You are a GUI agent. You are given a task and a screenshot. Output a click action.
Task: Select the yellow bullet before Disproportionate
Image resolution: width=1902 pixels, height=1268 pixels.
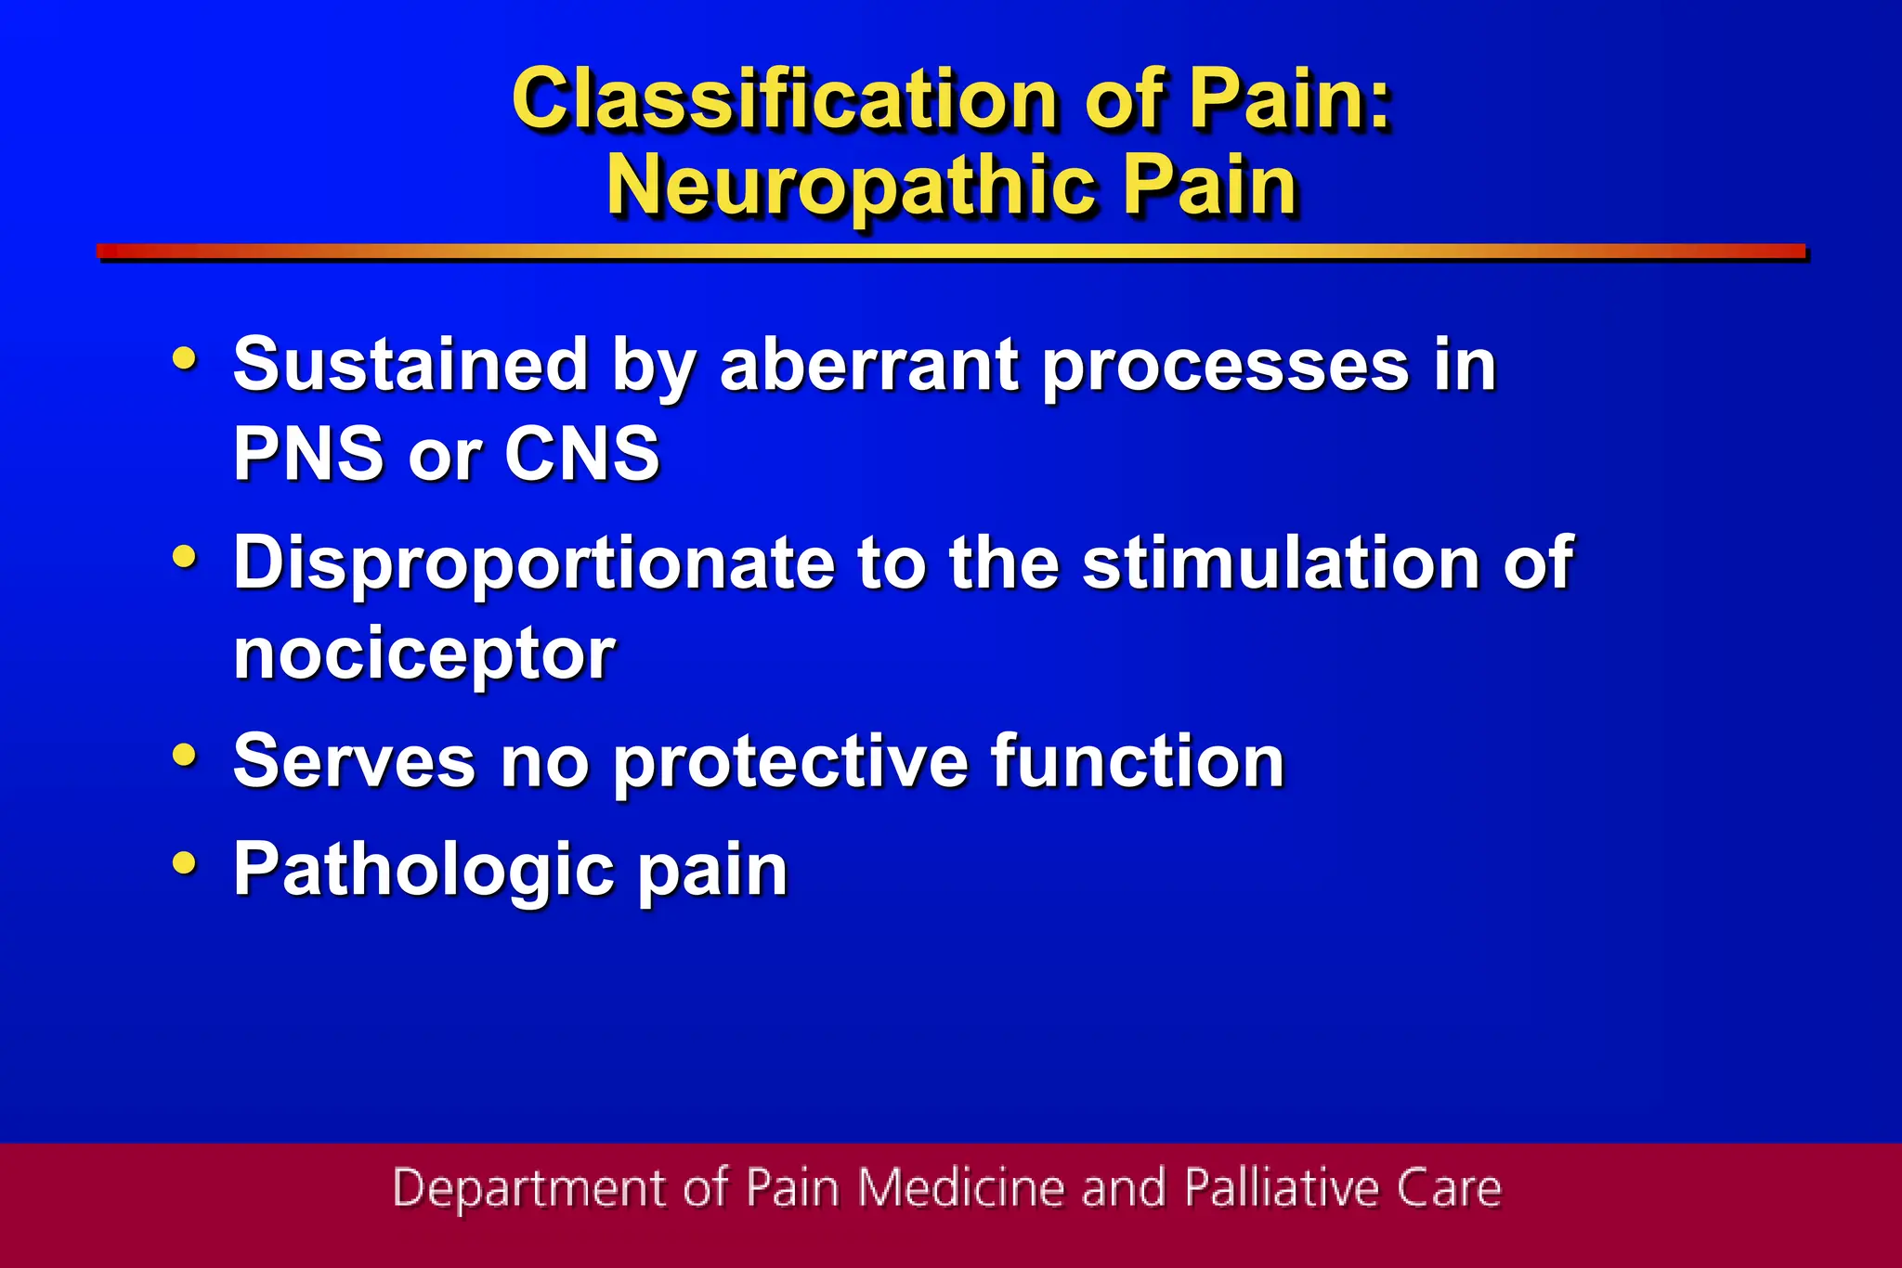pos(185,557)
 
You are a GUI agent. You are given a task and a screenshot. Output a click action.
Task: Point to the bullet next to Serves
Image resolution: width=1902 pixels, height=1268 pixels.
pos(185,755)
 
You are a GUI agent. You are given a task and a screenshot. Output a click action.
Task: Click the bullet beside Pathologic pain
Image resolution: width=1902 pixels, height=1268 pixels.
pos(185,863)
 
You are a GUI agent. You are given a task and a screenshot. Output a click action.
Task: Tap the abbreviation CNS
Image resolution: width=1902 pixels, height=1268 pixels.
pos(581,454)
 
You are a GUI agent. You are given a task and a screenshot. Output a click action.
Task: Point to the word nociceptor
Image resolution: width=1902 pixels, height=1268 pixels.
pos(424,655)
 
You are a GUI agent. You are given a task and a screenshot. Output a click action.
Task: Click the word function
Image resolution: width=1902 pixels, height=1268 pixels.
pos(1138,761)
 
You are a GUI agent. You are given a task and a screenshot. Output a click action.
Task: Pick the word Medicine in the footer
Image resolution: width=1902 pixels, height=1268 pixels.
pos(962,1188)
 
